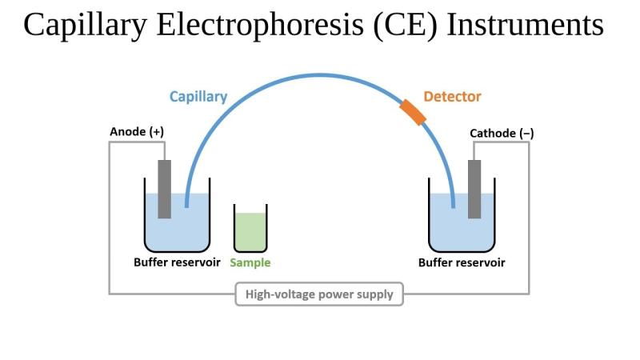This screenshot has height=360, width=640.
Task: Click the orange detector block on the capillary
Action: pos(413,112)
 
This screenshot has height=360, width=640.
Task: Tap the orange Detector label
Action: pos(452,97)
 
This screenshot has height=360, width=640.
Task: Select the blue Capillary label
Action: pos(198,97)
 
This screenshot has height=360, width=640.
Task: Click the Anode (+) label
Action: pos(137,131)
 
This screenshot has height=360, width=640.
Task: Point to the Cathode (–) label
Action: pos(502,133)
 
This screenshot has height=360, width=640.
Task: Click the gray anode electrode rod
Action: pos(165,189)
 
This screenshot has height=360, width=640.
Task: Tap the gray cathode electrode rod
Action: pos(474,189)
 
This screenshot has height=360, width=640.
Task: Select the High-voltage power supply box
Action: pos(319,294)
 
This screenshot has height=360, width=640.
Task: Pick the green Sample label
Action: pos(250,262)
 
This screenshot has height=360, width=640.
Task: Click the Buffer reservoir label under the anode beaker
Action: pos(177,262)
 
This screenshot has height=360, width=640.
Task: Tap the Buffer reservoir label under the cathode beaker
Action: pos(462,262)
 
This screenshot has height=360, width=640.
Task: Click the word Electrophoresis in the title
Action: pos(260,25)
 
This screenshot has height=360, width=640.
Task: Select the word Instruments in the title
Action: pos(526,25)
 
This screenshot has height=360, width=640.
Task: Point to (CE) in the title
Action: pos(405,26)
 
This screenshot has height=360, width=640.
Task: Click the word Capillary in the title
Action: pos(85,26)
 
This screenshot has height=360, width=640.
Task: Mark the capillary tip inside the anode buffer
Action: pos(186,206)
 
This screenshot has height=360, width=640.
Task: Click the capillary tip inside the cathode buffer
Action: pos(453,206)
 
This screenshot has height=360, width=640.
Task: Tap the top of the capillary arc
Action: pos(320,75)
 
